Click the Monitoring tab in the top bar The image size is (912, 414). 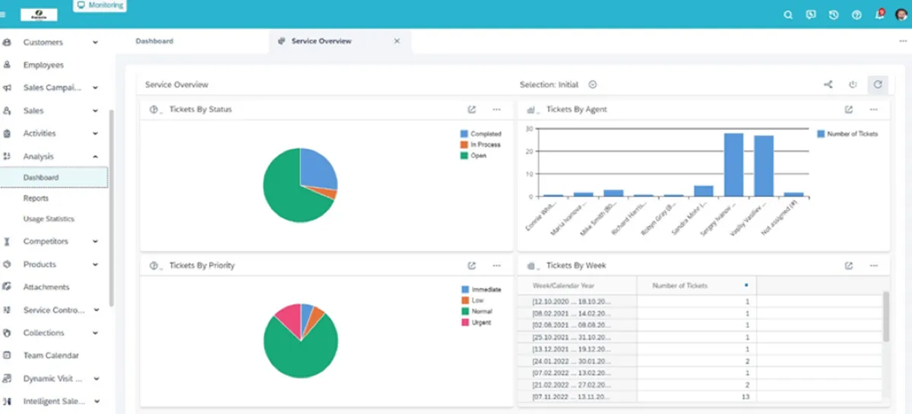(100, 5)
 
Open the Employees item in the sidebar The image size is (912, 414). (43, 65)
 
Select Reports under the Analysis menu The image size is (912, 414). (36, 198)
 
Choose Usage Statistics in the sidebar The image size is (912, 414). (49, 219)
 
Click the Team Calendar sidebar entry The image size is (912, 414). (51, 355)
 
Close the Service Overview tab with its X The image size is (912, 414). (397, 41)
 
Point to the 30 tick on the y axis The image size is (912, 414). (529, 129)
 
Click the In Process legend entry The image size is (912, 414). (484, 145)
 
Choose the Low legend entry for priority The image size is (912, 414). (477, 301)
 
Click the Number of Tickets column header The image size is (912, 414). (680, 285)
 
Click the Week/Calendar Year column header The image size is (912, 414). (564, 285)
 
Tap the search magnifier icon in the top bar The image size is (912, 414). (788, 14)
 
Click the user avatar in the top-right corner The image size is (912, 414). (901, 14)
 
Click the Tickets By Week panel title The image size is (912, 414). (576, 266)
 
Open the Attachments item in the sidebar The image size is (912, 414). (46, 287)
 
